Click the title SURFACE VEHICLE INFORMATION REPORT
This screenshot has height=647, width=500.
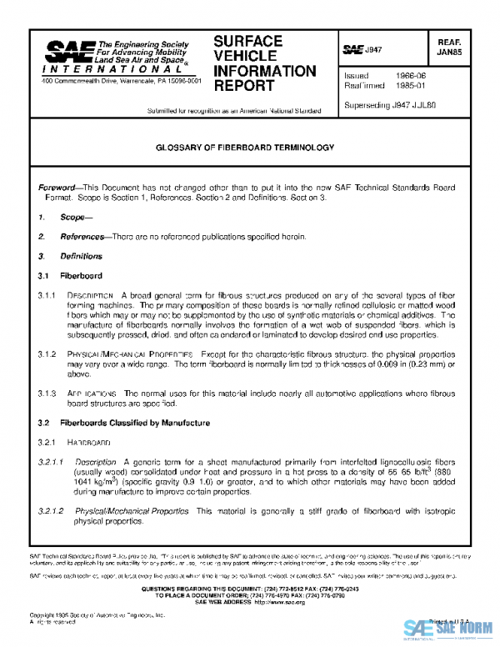(265, 63)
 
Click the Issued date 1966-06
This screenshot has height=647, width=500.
(409, 75)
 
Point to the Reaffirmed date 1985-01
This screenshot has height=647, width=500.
(409, 85)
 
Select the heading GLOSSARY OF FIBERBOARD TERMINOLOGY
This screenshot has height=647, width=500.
(245, 147)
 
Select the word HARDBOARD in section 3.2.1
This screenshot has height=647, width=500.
(89, 442)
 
